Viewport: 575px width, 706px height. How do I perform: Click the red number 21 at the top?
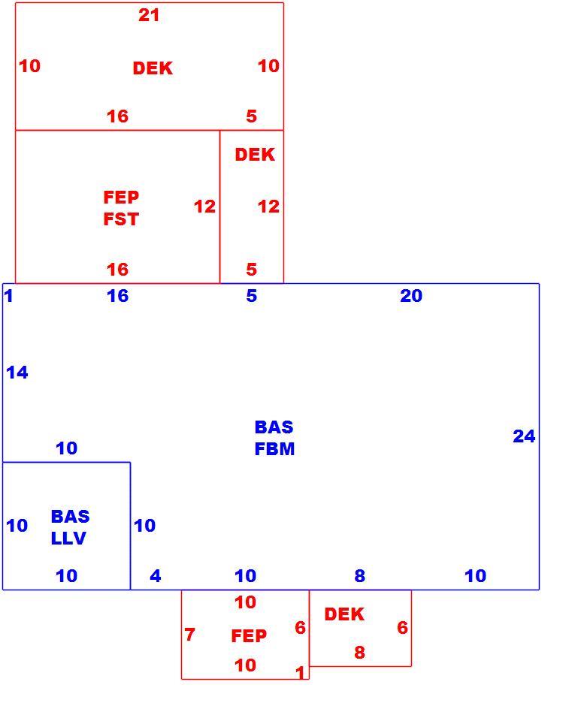(x=149, y=15)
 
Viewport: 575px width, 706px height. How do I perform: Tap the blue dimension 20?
(x=411, y=296)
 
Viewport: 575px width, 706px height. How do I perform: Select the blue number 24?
(x=524, y=436)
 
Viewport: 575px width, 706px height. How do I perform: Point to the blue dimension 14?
(x=17, y=373)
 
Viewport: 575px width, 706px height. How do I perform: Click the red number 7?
(x=189, y=635)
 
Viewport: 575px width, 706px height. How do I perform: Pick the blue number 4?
(x=156, y=575)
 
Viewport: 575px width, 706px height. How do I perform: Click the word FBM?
(x=274, y=449)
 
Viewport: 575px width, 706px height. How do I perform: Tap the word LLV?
(x=68, y=538)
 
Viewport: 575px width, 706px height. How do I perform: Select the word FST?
(x=121, y=219)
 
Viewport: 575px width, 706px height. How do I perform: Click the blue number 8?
(x=359, y=575)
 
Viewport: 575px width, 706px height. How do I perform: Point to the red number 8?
(x=359, y=652)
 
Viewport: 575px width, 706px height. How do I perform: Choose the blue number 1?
(x=8, y=296)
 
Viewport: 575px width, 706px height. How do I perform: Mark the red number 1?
(x=300, y=673)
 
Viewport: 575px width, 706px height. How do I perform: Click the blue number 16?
(x=117, y=296)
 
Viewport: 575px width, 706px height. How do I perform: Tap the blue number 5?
(x=252, y=296)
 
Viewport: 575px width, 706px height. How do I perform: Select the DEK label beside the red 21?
(x=153, y=68)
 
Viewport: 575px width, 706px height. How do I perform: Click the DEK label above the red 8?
(x=344, y=614)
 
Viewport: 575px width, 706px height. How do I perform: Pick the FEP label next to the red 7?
(x=249, y=635)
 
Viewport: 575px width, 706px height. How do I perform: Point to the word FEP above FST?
(x=121, y=198)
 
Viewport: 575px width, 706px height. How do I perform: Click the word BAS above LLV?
(x=71, y=517)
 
